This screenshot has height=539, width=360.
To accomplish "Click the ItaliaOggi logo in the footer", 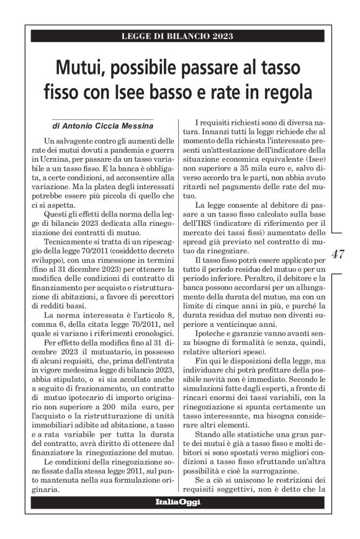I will (178, 501).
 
